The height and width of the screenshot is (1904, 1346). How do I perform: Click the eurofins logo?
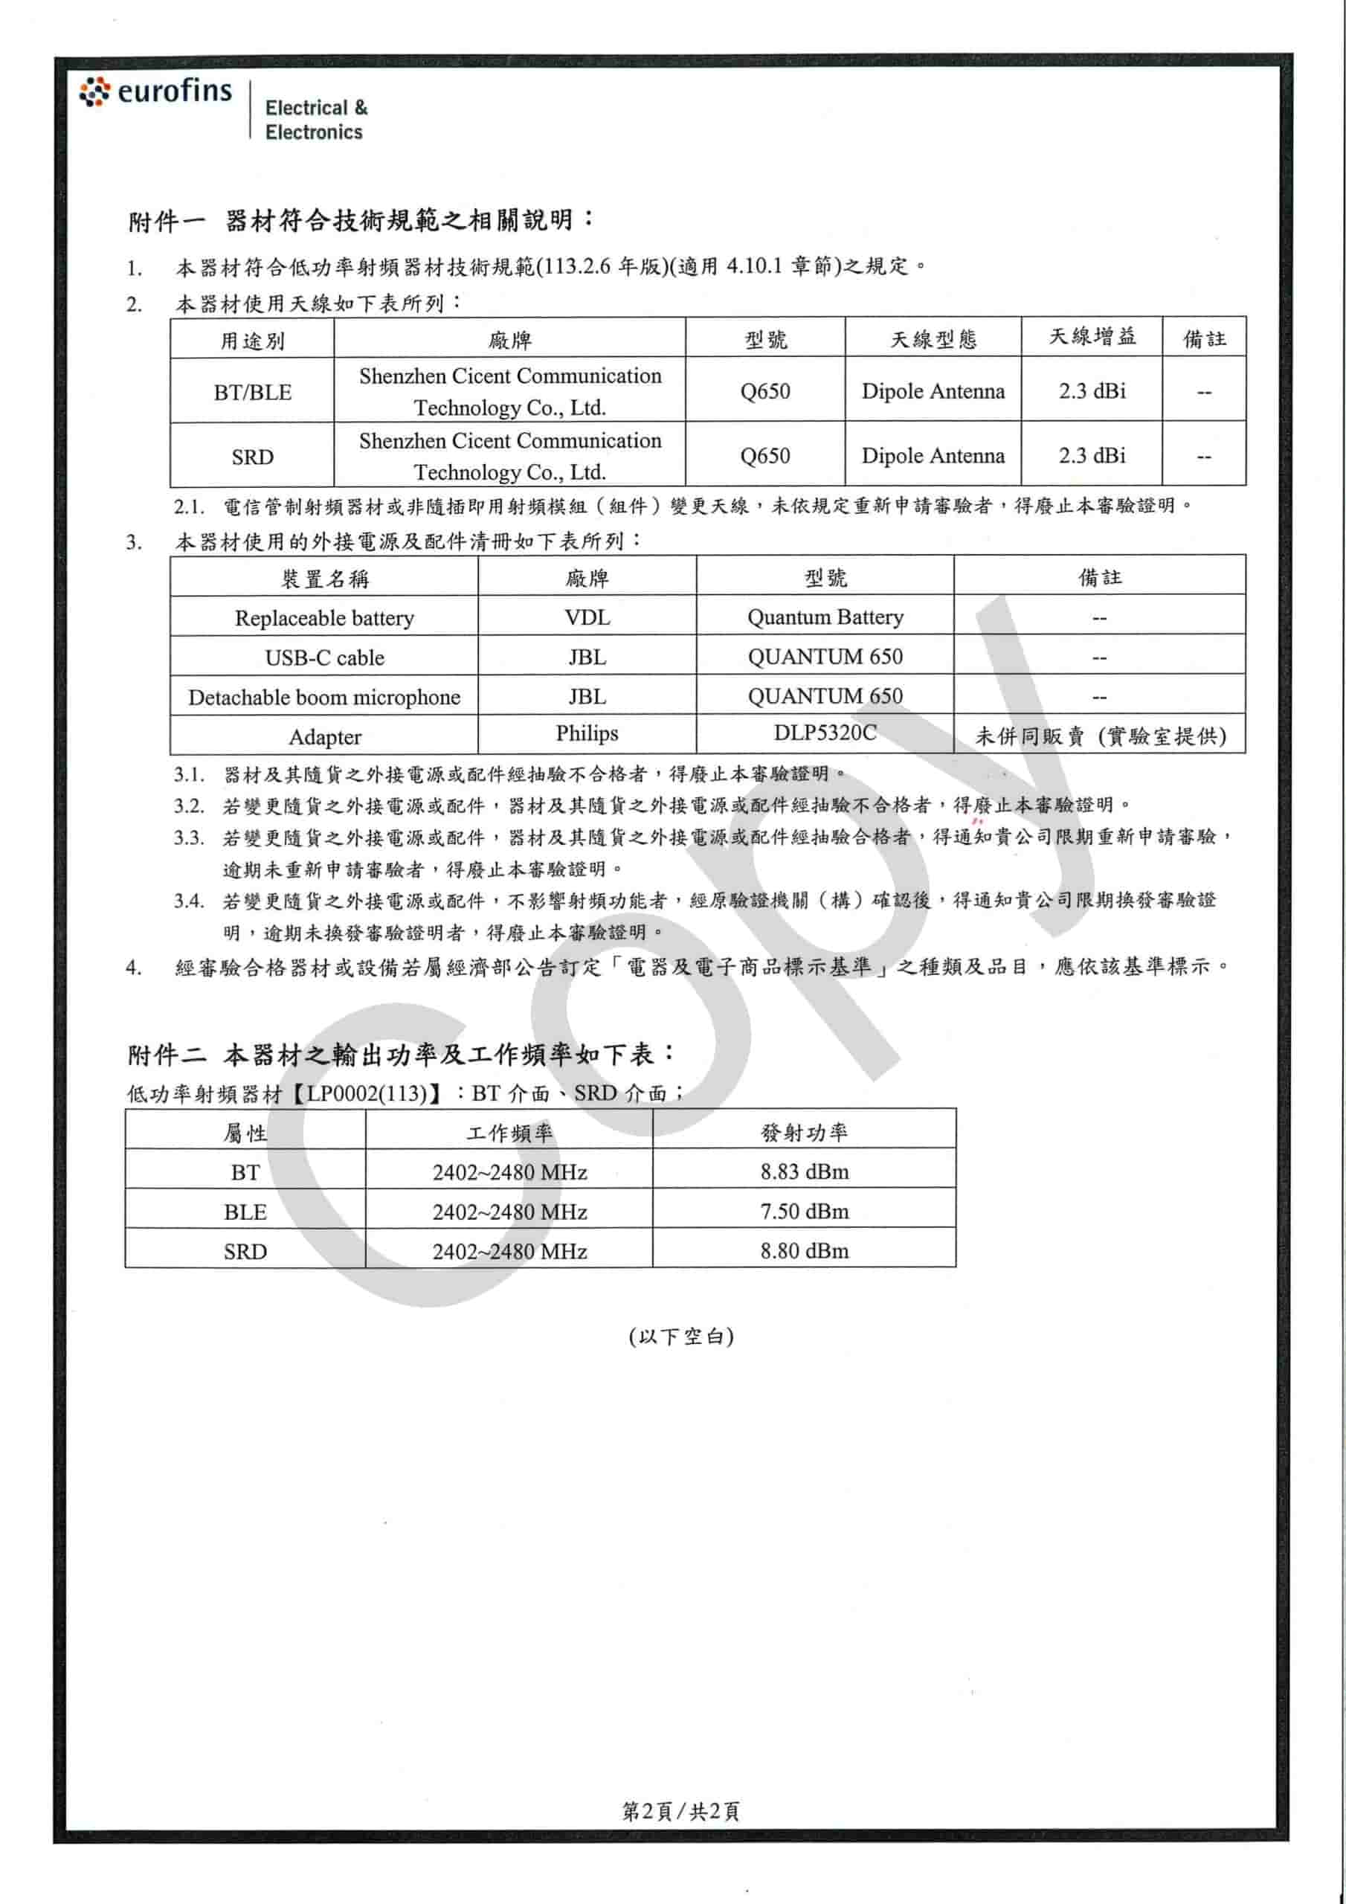coord(156,91)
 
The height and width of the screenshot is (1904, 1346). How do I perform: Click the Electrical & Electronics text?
coord(315,120)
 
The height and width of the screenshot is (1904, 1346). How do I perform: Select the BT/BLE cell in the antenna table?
coord(252,391)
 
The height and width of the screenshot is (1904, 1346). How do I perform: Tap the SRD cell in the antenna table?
coord(252,456)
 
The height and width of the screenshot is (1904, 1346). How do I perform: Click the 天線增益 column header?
coord(1092,337)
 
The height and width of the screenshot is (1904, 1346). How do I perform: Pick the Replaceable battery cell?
coord(324,618)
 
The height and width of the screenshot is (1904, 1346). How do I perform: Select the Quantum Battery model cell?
coord(825,617)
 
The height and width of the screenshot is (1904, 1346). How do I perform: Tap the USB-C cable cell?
coord(324,657)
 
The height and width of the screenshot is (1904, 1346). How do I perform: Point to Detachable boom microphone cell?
coord(324,697)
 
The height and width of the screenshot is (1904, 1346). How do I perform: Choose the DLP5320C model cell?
coord(825,733)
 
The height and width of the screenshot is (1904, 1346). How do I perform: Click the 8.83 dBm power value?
coord(804,1171)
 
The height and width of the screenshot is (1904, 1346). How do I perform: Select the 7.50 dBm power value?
coord(804,1211)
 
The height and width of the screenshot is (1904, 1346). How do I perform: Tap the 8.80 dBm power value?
coord(804,1250)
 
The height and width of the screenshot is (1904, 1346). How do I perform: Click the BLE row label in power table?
coord(245,1212)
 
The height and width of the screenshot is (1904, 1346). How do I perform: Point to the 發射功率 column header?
coord(804,1132)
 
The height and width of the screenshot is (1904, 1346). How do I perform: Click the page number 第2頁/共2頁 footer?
coord(680,1810)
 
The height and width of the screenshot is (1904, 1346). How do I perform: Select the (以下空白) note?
coord(680,1336)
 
